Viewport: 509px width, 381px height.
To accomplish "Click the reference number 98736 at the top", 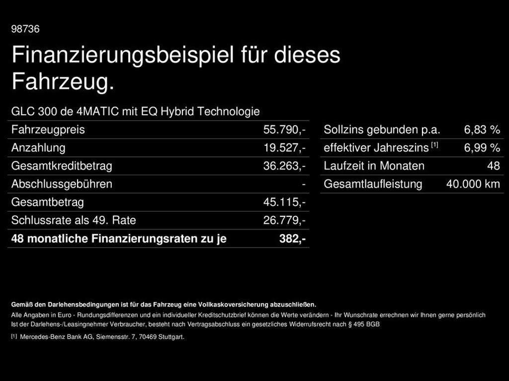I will (x=25, y=29).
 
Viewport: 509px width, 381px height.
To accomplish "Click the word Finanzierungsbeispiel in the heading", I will (x=123, y=55).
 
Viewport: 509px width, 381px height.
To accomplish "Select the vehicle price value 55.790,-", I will (x=284, y=130).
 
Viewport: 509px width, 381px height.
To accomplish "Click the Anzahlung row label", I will (x=38, y=148).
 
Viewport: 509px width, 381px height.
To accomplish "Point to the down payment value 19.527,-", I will (x=284, y=148).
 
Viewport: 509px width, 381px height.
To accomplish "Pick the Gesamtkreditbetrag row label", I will (x=62, y=166).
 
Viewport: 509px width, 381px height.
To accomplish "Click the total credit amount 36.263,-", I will (x=284, y=166).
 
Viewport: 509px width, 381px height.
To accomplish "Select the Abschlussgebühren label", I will (x=62, y=184).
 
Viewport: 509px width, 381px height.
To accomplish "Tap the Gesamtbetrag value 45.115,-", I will (x=284, y=202).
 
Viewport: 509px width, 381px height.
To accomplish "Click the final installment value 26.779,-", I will (x=284, y=220).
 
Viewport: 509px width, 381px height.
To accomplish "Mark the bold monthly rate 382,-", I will (x=292, y=239).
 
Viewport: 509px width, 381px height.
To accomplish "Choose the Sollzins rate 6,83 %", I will (x=482, y=130).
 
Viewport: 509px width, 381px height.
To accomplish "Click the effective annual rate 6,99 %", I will (x=482, y=148).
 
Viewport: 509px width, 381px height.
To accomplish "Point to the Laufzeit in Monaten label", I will (x=374, y=166).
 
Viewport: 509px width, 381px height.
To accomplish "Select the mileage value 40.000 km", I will (x=473, y=184).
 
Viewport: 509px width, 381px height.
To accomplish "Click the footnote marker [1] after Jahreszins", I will (x=434, y=145).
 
